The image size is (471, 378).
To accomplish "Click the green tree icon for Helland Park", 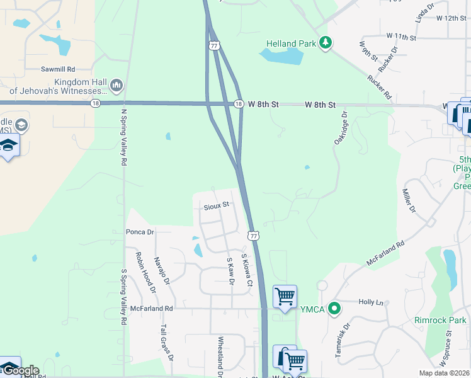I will tap(325, 43).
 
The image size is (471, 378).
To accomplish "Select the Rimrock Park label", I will tap(440, 320).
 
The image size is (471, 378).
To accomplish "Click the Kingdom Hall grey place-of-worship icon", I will tap(116, 85).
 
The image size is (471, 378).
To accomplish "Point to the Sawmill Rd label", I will tap(58, 69).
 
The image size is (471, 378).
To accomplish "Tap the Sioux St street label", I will tap(216, 205).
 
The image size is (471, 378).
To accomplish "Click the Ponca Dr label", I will tap(140, 232).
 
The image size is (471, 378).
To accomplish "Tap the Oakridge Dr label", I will tap(341, 128).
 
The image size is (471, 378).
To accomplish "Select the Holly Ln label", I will tap(371, 302).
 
